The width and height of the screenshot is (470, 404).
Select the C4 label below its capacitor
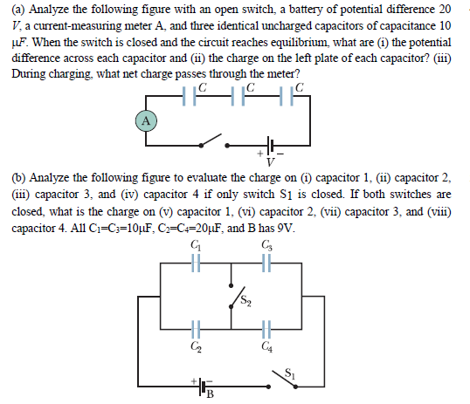(x=266, y=349)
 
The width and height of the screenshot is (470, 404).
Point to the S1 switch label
(x=293, y=372)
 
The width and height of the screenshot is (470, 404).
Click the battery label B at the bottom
(x=210, y=397)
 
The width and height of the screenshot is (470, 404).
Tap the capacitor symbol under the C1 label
(x=195, y=264)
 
